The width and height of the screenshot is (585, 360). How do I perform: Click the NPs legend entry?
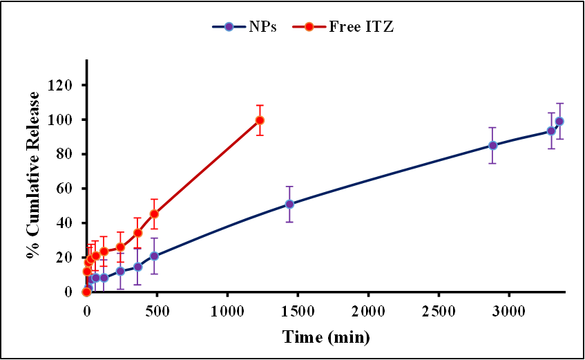point(244,27)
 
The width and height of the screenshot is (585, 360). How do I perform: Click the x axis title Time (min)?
point(325,337)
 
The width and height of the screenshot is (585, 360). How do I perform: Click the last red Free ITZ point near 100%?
point(260,120)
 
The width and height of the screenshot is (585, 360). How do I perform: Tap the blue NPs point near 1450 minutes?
point(290,204)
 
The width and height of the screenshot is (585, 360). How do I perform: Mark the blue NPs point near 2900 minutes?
point(493,145)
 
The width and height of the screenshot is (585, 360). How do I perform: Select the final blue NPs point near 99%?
point(559,121)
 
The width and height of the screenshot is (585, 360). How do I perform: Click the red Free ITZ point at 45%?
point(154,214)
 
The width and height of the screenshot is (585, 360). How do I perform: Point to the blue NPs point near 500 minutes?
point(154,256)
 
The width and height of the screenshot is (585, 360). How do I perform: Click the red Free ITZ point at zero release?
point(86,292)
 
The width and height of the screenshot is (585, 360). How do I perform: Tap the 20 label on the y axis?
point(66,258)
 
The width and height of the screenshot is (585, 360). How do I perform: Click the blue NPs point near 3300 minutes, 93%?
point(551,131)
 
